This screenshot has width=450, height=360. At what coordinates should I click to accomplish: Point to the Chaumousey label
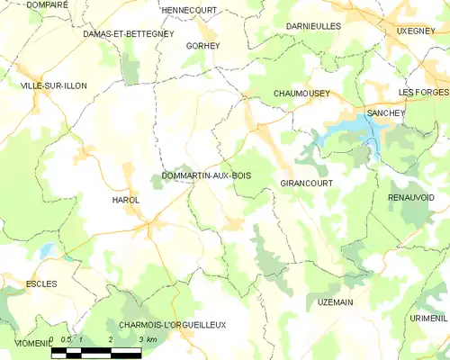(x=301, y=94)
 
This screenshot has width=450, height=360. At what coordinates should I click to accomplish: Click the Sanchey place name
(x=385, y=112)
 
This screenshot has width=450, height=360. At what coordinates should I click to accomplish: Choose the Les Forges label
(x=422, y=94)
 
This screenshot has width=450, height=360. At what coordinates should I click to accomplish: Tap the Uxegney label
(x=416, y=31)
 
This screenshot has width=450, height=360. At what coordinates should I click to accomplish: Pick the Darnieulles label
(x=313, y=26)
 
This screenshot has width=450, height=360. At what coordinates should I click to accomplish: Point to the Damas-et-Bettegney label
(x=127, y=33)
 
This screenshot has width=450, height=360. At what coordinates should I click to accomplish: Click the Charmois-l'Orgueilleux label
(x=172, y=324)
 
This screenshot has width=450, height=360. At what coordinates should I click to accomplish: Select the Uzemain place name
(x=336, y=301)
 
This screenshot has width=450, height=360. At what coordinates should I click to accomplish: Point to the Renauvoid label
(x=411, y=196)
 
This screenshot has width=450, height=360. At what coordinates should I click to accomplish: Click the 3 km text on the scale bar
(x=148, y=339)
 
